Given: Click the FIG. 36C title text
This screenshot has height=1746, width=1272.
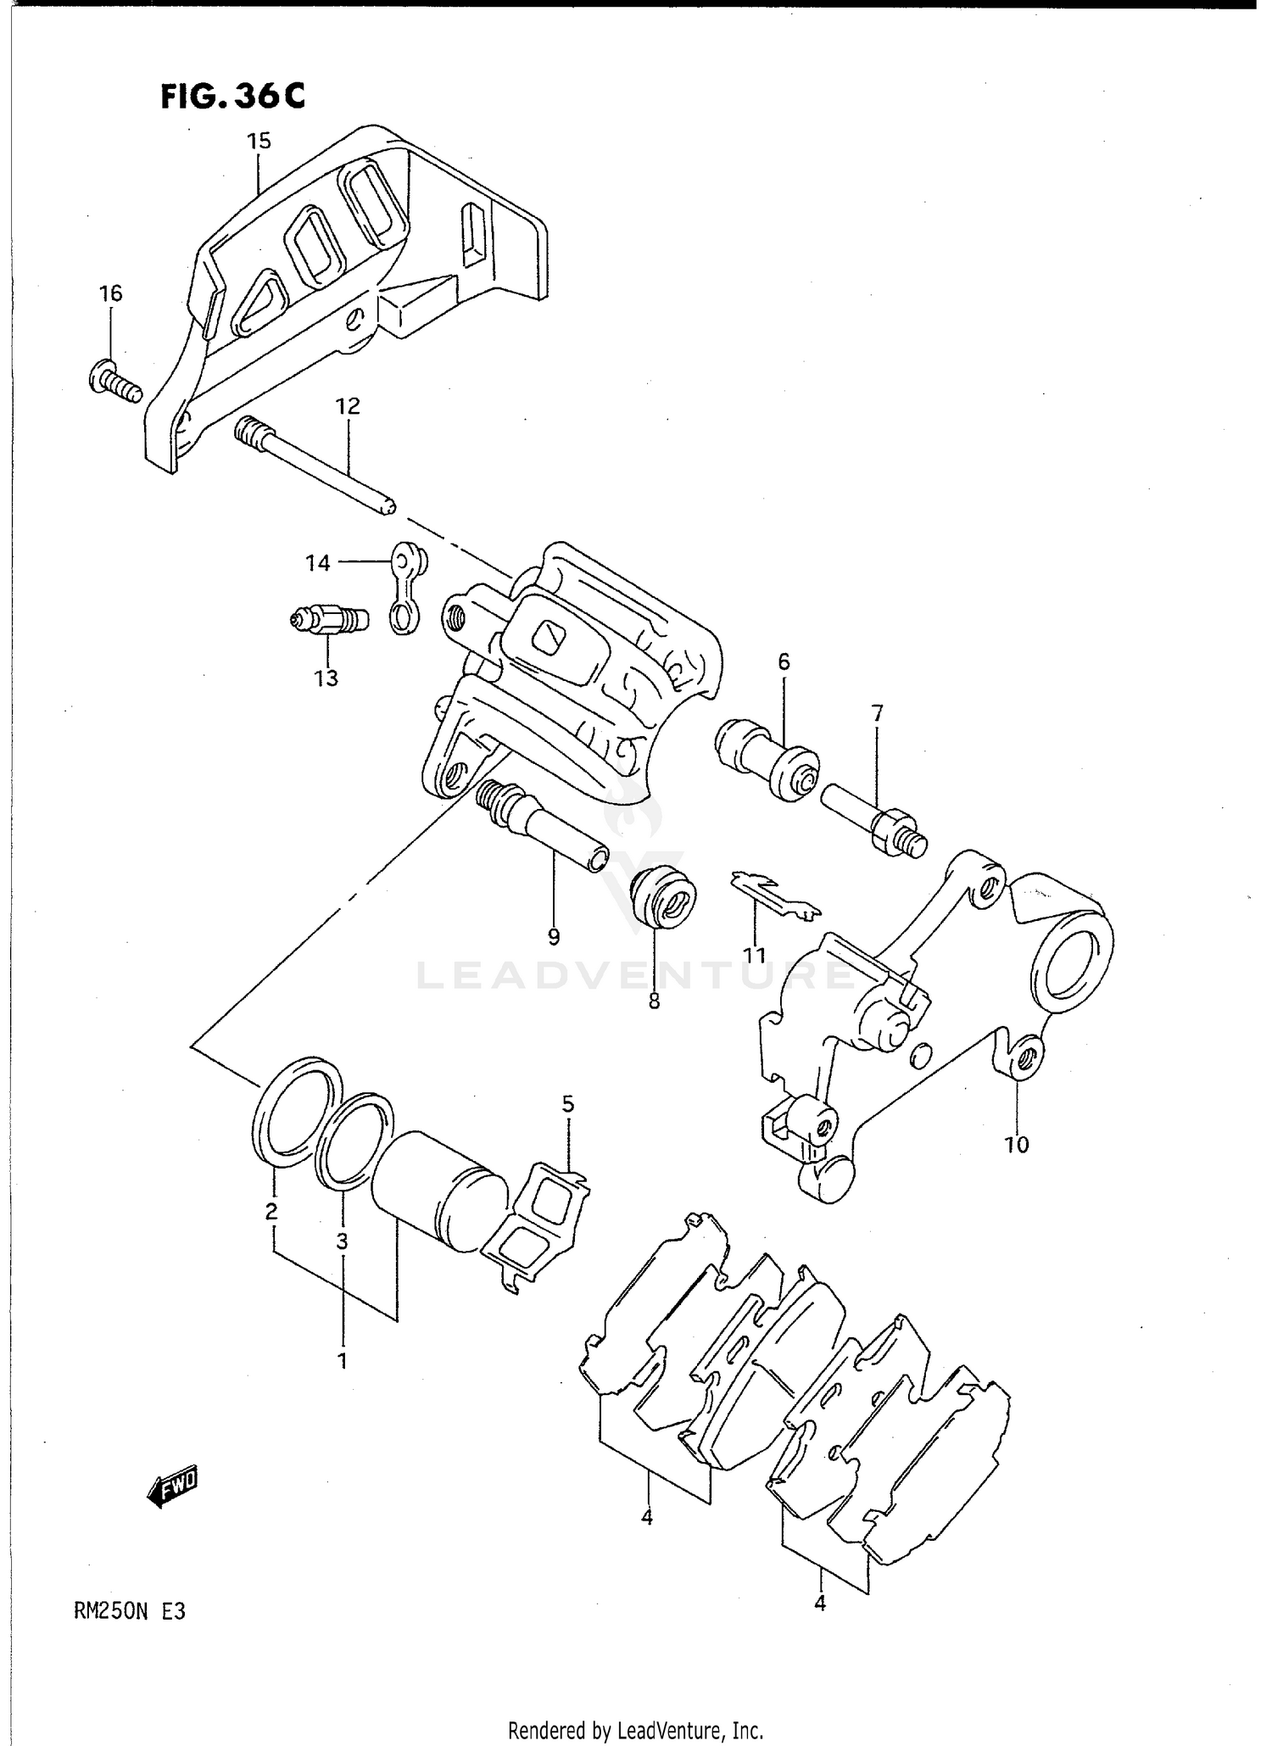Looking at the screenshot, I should pyautogui.click(x=232, y=96).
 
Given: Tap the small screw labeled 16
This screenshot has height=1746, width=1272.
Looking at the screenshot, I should pyautogui.click(x=114, y=382).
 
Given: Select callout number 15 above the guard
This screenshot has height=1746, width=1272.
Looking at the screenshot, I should pyautogui.click(x=259, y=141).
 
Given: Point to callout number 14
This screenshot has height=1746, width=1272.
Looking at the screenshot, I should pyautogui.click(x=318, y=562).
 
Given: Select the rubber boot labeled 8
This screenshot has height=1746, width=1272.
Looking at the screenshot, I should pyautogui.click(x=665, y=897).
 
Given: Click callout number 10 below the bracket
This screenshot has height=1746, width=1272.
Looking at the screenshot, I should pyautogui.click(x=1017, y=1144).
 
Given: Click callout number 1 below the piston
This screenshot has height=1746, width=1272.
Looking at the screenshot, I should pyautogui.click(x=342, y=1361).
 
